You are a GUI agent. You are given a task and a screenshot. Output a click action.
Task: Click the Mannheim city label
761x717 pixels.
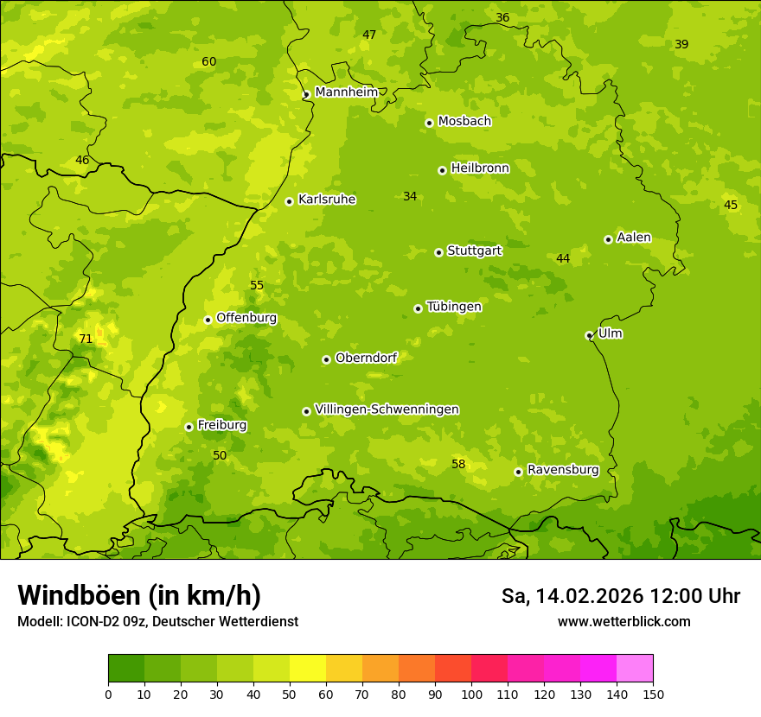click(346, 92)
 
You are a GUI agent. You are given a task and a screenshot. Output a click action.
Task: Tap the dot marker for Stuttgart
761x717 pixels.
click(438, 252)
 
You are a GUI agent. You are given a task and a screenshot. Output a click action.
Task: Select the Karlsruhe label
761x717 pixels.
click(326, 200)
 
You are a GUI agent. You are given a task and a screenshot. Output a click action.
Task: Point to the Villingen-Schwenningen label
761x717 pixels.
click(387, 409)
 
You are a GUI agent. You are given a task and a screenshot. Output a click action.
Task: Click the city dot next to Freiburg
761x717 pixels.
click(189, 427)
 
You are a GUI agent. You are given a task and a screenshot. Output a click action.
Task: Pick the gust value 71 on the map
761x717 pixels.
click(86, 339)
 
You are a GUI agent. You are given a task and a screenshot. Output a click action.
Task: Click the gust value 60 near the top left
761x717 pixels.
click(209, 62)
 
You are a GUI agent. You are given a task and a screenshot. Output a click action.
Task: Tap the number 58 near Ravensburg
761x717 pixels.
click(458, 465)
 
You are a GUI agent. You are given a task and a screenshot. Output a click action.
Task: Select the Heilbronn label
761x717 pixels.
click(480, 168)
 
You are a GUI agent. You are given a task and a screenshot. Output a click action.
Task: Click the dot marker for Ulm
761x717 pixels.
click(589, 335)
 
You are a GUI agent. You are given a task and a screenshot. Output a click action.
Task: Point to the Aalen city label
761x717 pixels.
click(634, 238)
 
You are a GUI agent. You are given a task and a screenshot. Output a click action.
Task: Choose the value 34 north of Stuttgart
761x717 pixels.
click(410, 197)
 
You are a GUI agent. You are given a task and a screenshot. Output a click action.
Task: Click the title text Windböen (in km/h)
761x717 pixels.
click(139, 595)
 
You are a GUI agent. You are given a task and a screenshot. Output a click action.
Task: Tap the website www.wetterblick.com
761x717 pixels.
click(624, 621)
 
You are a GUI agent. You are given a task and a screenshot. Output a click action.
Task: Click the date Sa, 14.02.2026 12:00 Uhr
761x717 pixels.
click(620, 596)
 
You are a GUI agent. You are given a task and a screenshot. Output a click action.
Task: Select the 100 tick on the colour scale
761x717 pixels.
click(471, 693)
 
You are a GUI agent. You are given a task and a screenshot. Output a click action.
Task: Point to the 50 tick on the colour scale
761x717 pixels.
click(290, 693)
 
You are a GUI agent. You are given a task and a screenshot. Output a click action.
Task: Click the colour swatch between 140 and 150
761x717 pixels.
click(634, 668)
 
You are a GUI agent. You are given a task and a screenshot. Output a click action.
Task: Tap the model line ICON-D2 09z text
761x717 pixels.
click(157, 621)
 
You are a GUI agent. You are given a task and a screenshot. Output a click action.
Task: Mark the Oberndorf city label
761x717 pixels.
click(366, 358)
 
